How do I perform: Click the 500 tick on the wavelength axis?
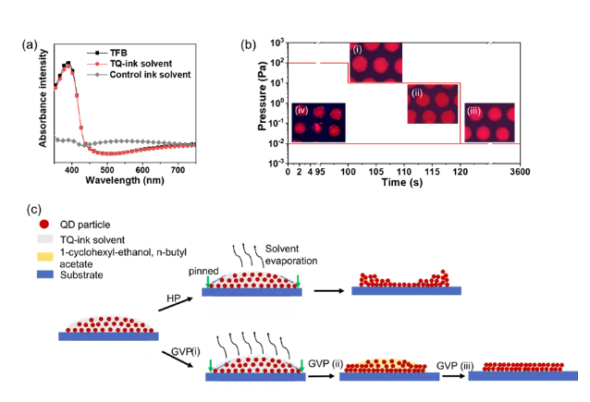(106, 168)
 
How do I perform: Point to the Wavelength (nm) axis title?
(121, 180)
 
